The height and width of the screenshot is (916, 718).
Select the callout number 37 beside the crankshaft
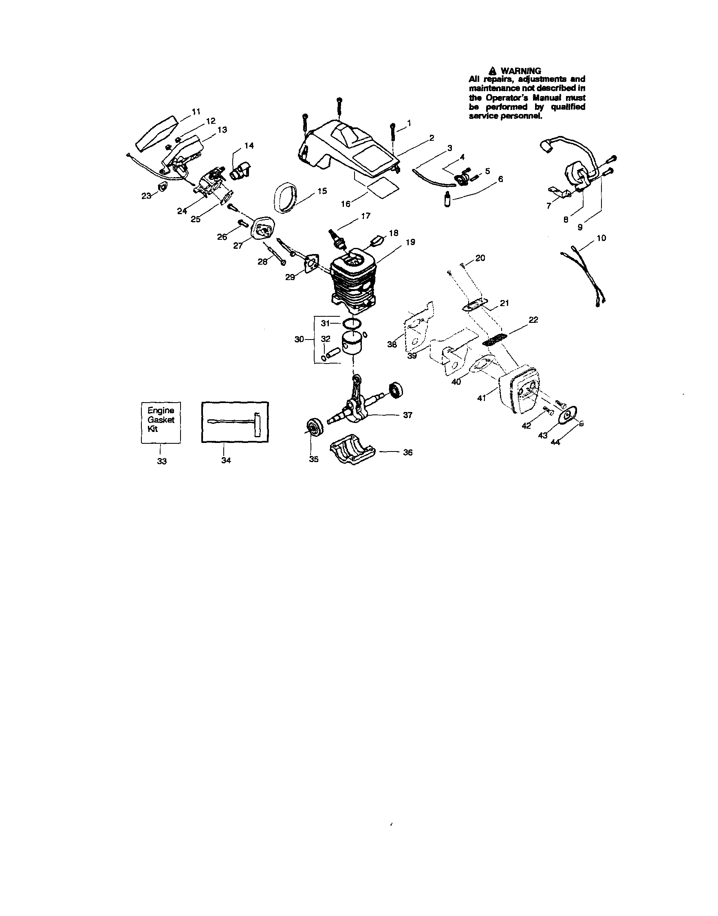pyautogui.click(x=407, y=415)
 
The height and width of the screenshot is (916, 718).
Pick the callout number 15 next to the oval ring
pyautogui.click(x=322, y=191)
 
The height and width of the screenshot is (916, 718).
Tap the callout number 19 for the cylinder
pyautogui.click(x=410, y=242)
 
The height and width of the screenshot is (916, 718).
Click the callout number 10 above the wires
pyautogui.click(x=601, y=238)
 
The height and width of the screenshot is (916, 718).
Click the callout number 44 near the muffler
pyautogui.click(x=555, y=442)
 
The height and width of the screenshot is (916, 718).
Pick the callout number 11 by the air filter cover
pyautogui.click(x=196, y=112)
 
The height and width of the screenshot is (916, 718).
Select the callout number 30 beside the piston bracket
pyautogui.click(x=299, y=340)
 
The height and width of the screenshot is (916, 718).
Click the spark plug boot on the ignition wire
pyautogui.click(x=546, y=145)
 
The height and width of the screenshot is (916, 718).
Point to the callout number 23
pyautogui.click(x=146, y=196)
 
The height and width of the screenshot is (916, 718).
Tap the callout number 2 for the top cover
pyautogui.click(x=431, y=138)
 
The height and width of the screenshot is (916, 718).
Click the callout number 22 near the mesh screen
pyautogui.click(x=533, y=320)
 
